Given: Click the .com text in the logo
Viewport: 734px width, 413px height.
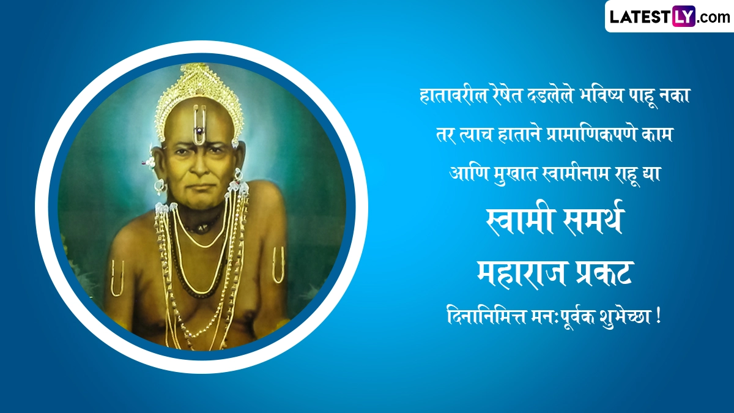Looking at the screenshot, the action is coord(713,17).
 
